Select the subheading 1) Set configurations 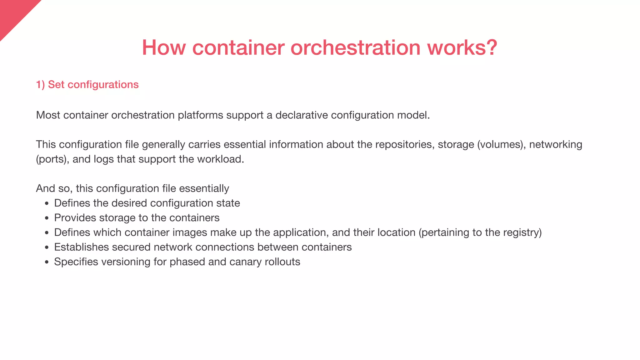point(87,84)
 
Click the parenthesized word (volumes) point(501,144)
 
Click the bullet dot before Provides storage point(47,218)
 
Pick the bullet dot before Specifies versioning point(47,262)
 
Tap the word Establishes point(81,247)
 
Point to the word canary point(245,262)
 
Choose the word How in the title point(164,47)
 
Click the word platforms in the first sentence point(200,115)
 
